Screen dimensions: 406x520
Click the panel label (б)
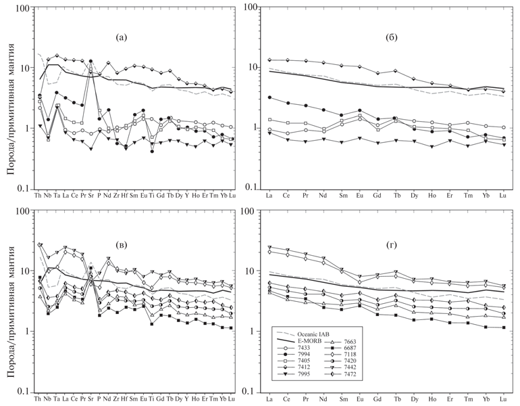click(378, 37)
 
